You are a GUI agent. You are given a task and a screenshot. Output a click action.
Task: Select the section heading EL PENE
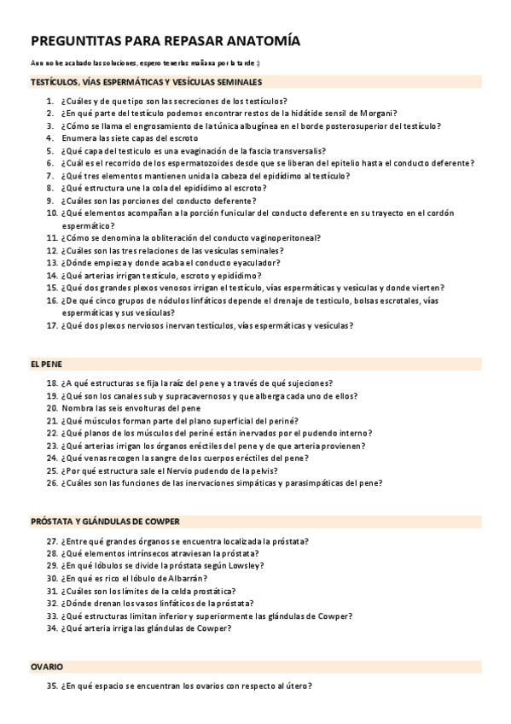tap(46, 363)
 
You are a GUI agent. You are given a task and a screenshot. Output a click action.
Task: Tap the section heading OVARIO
tap(47, 666)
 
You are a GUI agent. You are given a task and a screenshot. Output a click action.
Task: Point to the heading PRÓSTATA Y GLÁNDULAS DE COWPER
tap(104, 521)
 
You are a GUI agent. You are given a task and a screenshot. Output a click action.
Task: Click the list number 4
tap(51, 137)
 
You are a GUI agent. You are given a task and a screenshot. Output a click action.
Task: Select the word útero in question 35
tap(297, 686)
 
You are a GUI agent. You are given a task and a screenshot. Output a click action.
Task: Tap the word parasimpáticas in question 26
tap(326, 482)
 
